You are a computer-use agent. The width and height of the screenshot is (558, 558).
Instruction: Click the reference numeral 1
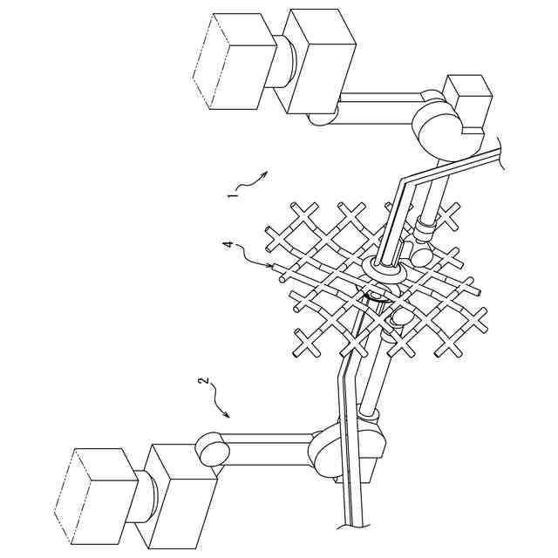click(x=233, y=195)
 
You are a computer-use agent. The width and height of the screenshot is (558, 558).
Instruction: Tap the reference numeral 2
click(x=203, y=380)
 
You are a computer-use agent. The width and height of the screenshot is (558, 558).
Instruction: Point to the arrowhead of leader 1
click(x=264, y=174)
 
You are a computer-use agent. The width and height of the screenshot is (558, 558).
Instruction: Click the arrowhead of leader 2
click(x=227, y=414)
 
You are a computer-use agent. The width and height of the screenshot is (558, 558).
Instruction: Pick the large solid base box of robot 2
click(x=176, y=496)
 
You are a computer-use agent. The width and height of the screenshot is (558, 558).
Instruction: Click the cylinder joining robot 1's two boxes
click(x=281, y=61)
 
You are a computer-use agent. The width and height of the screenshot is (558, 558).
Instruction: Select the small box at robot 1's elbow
click(x=469, y=103)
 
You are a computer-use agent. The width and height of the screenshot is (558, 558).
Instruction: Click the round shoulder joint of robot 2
click(x=213, y=450)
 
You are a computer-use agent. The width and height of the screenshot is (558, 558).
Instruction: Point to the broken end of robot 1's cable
click(x=502, y=153)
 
